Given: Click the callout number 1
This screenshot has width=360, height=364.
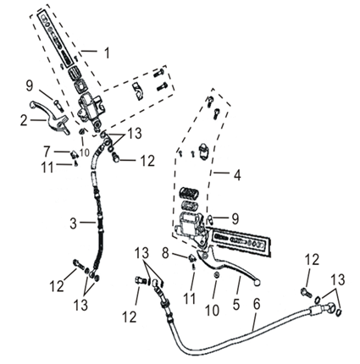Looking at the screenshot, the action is [x=107, y=52].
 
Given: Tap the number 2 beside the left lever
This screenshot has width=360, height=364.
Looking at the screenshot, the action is [x=24, y=120].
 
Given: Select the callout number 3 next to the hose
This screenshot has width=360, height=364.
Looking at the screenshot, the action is [x=73, y=223].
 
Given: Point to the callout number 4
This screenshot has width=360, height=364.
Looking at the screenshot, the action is [x=237, y=175].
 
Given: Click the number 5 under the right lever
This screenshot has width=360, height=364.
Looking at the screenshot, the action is [x=236, y=304].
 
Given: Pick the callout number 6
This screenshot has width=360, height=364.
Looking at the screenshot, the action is [x=257, y=304].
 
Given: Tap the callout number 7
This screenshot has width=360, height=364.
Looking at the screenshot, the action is [x=47, y=152].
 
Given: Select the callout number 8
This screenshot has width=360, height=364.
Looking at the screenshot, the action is [x=165, y=253].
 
